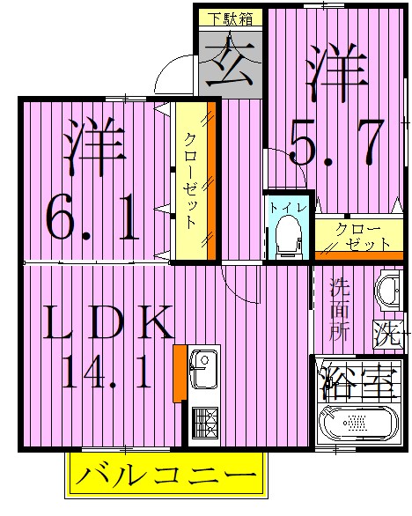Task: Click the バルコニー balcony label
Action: point(165,477)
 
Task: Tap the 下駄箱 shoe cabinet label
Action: point(228,17)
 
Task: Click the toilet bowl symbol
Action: point(287,235)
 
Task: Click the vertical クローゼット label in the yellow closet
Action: point(190,181)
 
